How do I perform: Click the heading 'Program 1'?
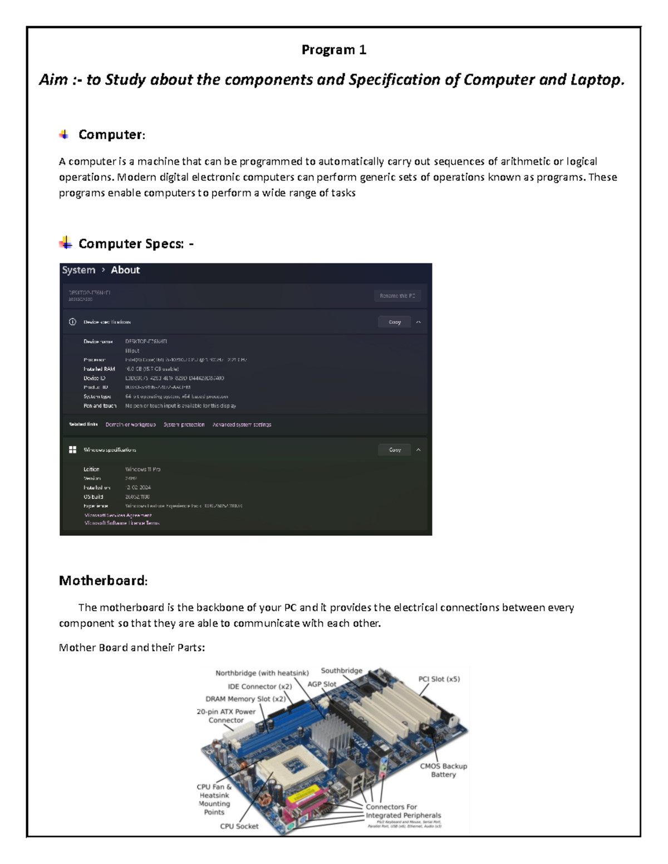[x=333, y=50]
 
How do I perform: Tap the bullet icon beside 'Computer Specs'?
[x=65, y=243]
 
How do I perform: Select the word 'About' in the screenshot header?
[x=125, y=270]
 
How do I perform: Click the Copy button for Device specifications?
[x=395, y=322]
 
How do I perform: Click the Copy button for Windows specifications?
[x=395, y=450]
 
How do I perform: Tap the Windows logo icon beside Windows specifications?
[x=72, y=450]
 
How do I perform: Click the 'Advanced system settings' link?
[x=242, y=424]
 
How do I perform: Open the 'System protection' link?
[x=184, y=424]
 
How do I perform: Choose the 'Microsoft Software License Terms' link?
[x=122, y=523]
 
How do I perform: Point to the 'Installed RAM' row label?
[x=99, y=369]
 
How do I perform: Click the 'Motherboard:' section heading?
[x=103, y=581]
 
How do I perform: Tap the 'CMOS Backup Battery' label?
[x=443, y=770]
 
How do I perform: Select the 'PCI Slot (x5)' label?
[x=439, y=679]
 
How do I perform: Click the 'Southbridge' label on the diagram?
[x=341, y=671]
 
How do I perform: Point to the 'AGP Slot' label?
[x=322, y=684]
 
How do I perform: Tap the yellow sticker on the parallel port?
[x=308, y=793]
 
